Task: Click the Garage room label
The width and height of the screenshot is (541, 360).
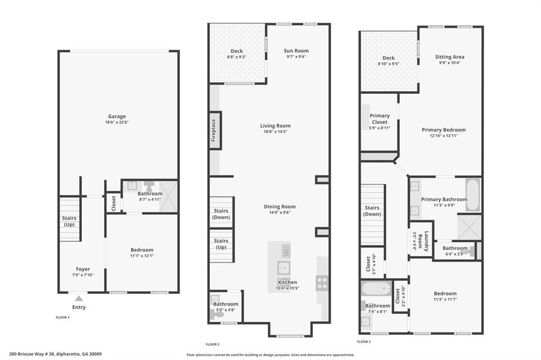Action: [117, 117]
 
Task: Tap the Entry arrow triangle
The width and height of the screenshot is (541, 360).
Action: [79, 299]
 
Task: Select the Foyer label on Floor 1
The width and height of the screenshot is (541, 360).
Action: [83, 269]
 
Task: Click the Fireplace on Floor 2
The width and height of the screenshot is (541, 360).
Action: [214, 130]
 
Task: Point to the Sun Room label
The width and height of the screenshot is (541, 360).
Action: [296, 51]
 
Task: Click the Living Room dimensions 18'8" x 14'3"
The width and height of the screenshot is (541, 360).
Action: [275, 132]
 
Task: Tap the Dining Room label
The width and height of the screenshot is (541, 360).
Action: [279, 206]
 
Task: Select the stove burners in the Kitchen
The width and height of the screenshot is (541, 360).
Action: [322, 283]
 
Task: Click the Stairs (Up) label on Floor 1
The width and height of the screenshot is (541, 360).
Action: [69, 221]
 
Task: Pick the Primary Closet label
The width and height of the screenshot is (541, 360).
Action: [379, 119]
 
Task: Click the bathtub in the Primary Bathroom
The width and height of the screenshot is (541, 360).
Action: [472, 194]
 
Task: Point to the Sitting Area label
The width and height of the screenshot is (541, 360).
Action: [450, 56]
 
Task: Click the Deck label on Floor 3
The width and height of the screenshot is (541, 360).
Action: [388, 58]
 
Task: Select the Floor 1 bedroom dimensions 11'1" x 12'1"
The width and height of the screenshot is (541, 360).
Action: [142, 256]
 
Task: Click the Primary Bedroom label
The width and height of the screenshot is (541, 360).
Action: [443, 130]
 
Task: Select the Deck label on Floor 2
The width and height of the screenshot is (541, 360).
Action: [237, 51]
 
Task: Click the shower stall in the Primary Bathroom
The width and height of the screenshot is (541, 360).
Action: [469, 226]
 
